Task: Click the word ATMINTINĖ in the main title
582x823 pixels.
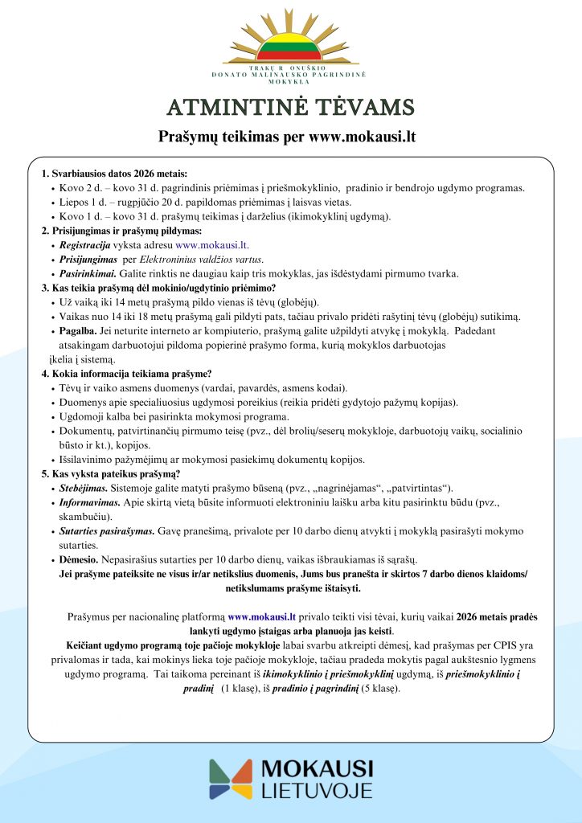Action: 226,108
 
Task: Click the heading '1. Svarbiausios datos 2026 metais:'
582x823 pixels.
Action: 114,174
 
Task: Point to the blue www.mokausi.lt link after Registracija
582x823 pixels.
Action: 212,244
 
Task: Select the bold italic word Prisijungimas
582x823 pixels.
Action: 88,259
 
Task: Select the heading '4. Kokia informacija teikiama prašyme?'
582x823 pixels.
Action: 127,373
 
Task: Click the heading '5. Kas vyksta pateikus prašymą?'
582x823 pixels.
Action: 111,473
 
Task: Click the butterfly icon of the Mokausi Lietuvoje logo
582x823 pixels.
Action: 230,780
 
